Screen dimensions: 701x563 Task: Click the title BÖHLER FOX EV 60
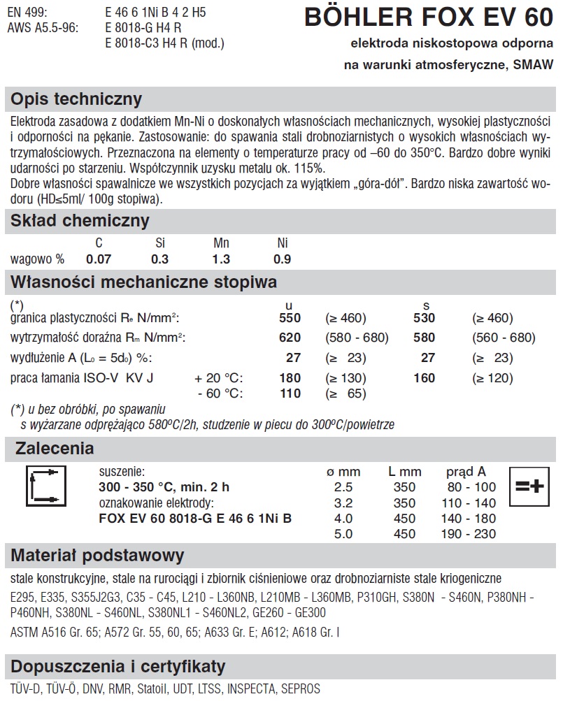coord(428,17)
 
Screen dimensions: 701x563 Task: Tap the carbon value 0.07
coord(99,259)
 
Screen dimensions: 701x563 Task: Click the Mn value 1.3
coord(221,259)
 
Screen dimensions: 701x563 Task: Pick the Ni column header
coord(283,243)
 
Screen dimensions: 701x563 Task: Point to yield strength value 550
coord(289,318)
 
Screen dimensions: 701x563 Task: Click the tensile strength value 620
coord(289,338)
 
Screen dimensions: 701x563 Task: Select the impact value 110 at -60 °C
coord(289,393)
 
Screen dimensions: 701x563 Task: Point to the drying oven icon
coord(45,486)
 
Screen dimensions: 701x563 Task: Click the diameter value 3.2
coord(344,503)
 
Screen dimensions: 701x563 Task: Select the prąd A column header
coord(466,472)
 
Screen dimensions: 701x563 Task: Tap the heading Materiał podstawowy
coord(98,556)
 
